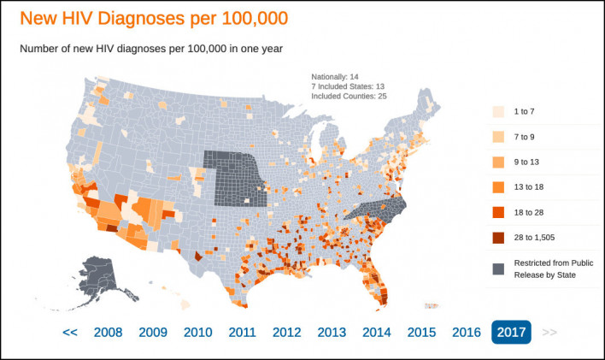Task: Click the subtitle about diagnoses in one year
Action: [151, 49]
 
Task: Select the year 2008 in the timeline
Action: [108, 333]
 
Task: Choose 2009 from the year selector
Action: [152, 333]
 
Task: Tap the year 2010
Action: [197, 333]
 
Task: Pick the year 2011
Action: [242, 333]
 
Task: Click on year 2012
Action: [287, 333]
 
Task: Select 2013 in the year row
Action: [332, 333]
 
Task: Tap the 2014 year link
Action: [377, 333]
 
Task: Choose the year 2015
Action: [421, 333]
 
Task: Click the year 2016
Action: [466, 333]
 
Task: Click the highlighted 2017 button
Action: [510, 333]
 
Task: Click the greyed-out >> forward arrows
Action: [549, 333]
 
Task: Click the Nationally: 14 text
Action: [334, 77]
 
